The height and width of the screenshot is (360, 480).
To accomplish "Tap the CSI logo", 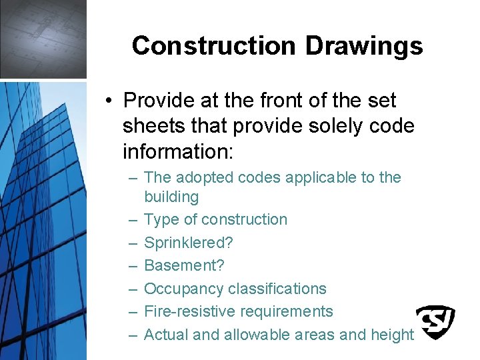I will click(x=435, y=321).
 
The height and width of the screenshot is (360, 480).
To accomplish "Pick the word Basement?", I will click(x=184, y=265).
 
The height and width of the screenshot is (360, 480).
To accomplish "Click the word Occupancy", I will click(x=183, y=289).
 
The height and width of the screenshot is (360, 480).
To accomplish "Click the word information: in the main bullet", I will click(x=178, y=152).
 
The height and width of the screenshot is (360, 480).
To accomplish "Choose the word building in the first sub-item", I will click(x=171, y=197).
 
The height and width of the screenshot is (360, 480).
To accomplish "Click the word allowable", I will click(x=259, y=335).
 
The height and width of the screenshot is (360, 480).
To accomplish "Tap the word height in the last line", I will click(x=390, y=335).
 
